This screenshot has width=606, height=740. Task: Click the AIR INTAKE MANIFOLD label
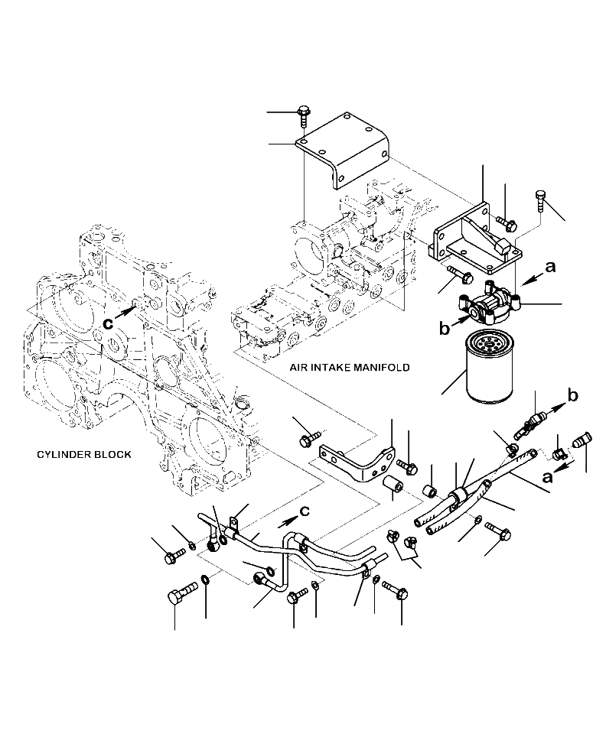point(349,368)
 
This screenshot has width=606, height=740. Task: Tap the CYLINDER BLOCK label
point(84,455)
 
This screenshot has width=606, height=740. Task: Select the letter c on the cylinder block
point(109,323)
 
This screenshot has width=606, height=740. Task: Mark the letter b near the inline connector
point(572,394)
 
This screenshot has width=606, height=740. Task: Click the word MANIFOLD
point(380,368)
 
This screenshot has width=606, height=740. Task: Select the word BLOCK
point(113,455)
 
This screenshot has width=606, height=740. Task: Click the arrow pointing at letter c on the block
point(129,312)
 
